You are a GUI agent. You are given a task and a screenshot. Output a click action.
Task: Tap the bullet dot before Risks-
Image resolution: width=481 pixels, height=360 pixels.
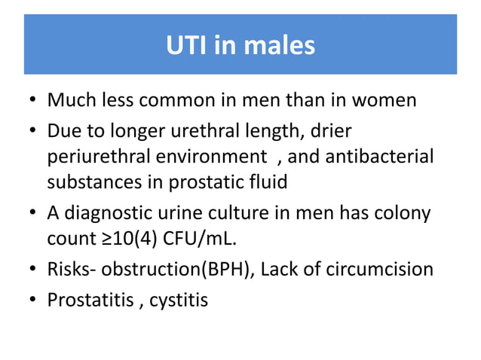tap(32, 269)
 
